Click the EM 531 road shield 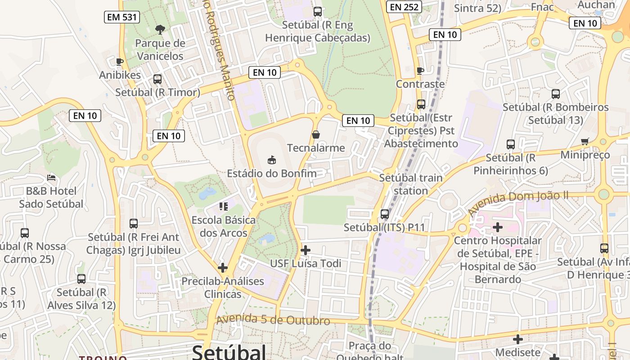pos(122,18)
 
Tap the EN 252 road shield pos(404,7)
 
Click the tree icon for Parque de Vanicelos pos(160,30)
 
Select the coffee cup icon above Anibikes pos(120,62)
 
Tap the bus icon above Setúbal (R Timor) pos(157,79)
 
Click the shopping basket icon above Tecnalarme pos(316,135)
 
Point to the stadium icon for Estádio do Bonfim pos(272,160)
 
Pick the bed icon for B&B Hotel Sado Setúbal pos(51,178)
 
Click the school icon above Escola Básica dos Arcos pos(224,207)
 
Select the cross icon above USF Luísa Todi pos(306,250)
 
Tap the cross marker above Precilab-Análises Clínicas pos(223,268)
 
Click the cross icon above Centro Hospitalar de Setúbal pos(498,227)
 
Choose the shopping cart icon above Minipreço pos(585,141)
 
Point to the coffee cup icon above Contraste pos(420,71)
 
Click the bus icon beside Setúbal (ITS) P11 pos(385,214)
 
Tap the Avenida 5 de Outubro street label pos(273,320)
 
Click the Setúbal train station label pos(410,184)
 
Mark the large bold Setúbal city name pos(229,352)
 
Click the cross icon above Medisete pos(518,339)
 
